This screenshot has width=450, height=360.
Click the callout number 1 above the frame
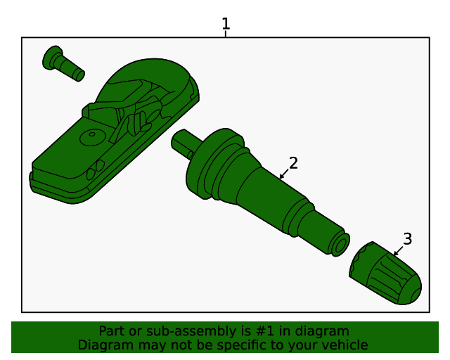point(226,23)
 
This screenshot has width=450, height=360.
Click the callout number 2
point(293,163)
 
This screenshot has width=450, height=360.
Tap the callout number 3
point(408,239)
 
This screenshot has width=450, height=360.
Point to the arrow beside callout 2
point(284,174)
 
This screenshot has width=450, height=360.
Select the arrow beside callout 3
point(398,250)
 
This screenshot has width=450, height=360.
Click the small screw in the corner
point(63,63)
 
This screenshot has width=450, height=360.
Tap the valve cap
point(385,273)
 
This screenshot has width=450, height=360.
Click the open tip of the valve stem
point(341,245)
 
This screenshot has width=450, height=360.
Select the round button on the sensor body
point(92,137)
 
